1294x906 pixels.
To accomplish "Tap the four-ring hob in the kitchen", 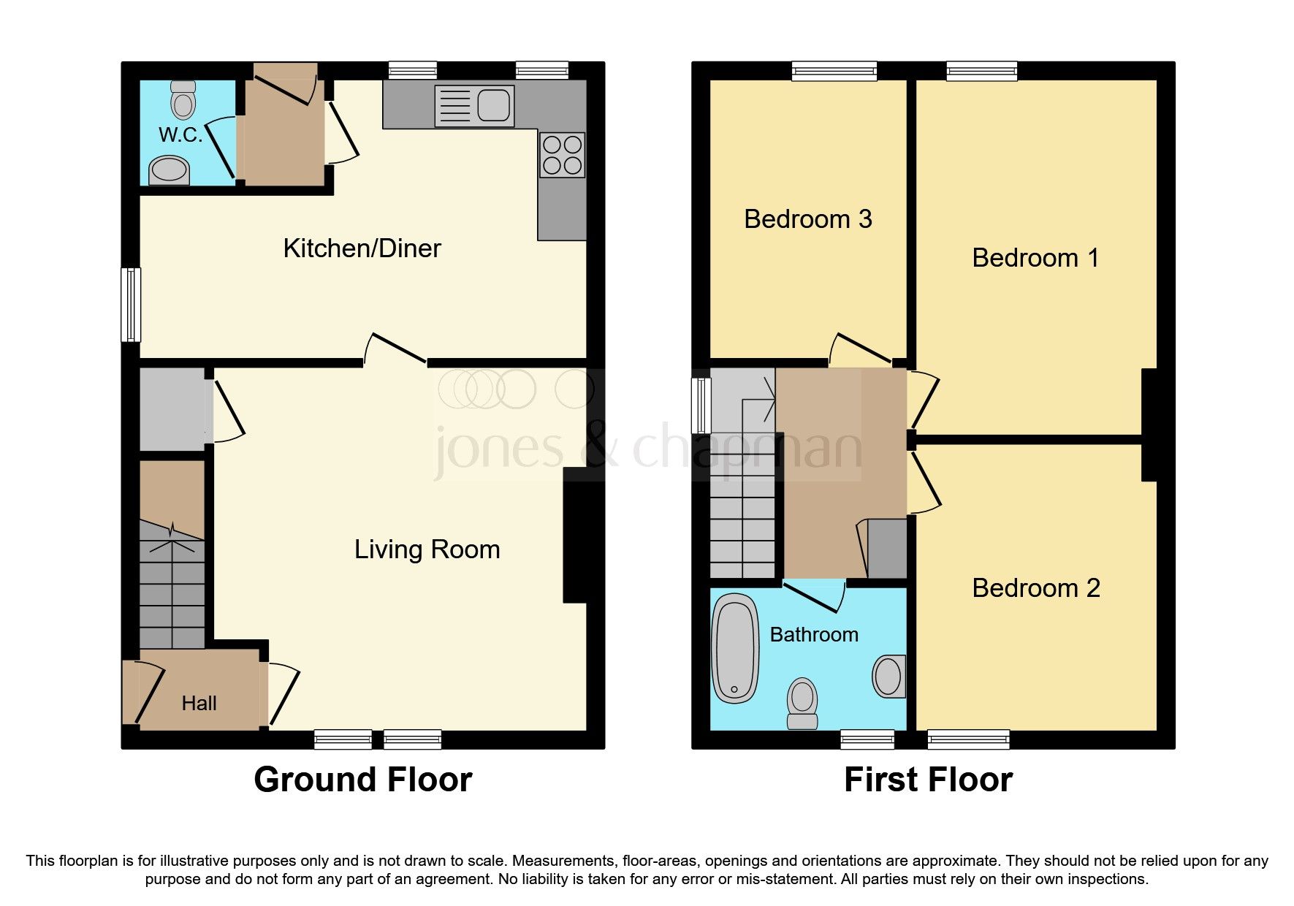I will (x=562, y=155).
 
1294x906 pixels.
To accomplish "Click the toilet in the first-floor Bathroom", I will (x=802, y=703).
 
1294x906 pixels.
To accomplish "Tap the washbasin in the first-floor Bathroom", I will (x=888, y=676).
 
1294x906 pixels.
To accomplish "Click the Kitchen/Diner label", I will (x=362, y=248).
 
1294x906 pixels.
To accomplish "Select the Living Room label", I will (x=427, y=549).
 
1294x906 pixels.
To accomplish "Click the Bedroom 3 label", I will (x=807, y=219).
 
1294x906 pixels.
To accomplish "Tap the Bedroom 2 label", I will (x=1035, y=588).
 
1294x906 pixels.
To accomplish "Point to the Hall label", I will (x=199, y=703).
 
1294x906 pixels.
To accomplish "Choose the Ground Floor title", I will (x=362, y=780).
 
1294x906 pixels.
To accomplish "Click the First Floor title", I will (x=927, y=780).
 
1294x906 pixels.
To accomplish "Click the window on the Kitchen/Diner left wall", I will (x=132, y=305).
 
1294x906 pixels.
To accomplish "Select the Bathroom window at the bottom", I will (x=867, y=739).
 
